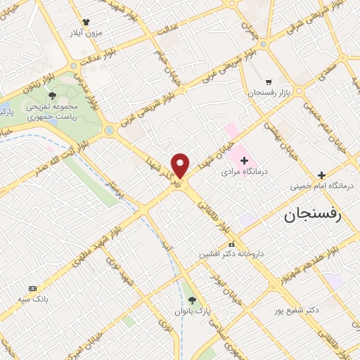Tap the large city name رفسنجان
(x=312, y=215)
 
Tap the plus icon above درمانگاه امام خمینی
(x=321, y=175)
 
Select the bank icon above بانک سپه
(x=32, y=288)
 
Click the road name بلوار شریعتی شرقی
(x=308, y=26)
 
